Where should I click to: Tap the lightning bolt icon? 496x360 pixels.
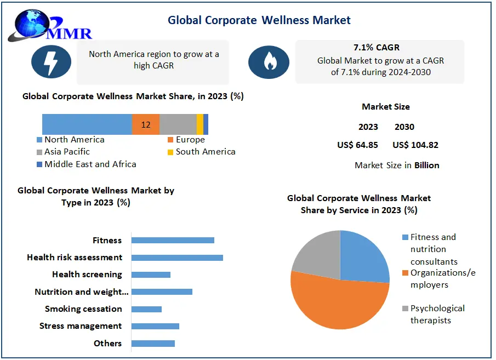click(51, 61)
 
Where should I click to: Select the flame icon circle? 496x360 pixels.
click(269, 61)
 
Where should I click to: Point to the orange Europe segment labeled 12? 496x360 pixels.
click(146, 124)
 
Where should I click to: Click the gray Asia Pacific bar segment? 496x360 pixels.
click(178, 124)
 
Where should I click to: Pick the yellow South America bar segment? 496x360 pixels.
click(200, 124)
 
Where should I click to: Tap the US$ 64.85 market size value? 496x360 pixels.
click(357, 145)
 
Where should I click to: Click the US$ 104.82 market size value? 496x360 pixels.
click(415, 145)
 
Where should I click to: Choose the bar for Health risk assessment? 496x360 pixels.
click(177, 258)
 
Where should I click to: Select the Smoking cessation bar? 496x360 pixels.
click(146, 309)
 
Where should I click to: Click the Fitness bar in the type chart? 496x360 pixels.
click(173, 240)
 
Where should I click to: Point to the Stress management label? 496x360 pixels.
click(81, 326)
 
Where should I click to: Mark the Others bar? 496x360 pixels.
click(153, 344)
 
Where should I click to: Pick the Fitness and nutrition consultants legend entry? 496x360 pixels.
click(433, 249)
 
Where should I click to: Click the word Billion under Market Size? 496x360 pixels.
click(426, 165)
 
